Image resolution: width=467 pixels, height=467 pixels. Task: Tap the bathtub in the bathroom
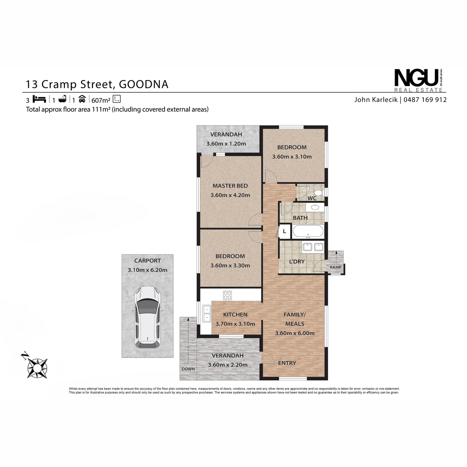308,232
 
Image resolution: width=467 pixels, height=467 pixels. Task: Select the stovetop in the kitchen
227,295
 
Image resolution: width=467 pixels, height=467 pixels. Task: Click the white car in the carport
147,317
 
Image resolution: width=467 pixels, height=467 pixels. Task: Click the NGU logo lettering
416,78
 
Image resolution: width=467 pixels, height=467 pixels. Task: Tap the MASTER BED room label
230,186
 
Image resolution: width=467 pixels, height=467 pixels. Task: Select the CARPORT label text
147,261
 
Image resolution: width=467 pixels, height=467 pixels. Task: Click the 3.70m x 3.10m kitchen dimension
235,324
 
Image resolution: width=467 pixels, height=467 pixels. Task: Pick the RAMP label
335,267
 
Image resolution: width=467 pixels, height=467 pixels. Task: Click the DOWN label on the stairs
188,369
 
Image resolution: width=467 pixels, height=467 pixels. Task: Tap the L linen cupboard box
284,232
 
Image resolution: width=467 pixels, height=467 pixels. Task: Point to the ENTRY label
287,363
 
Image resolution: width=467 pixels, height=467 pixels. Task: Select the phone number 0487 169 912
425,100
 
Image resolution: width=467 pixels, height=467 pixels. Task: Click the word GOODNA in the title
144,84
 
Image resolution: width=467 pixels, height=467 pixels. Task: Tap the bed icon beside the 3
39,99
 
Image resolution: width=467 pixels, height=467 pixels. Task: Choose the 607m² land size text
101,100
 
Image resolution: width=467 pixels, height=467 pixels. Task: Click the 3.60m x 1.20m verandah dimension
226,144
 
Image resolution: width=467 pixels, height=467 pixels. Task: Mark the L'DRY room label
297,262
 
